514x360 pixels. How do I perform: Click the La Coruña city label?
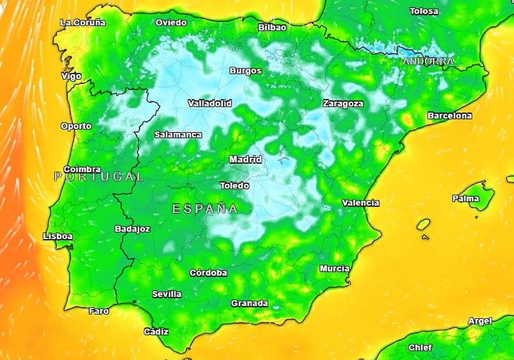(x=83, y=23)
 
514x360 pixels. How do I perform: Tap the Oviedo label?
(x=171, y=22)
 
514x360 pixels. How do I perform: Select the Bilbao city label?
(x=272, y=27)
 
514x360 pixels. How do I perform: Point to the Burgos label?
(x=245, y=71)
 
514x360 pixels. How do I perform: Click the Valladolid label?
(x=210, y=103)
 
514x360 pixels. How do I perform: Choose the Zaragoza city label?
(x=343, y=103)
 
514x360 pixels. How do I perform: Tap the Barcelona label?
(x=449, y=116)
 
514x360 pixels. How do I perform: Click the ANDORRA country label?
(x=427, y=61)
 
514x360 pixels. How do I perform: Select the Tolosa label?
(x=424, y=11)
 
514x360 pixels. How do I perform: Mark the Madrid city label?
(x=245, y=159)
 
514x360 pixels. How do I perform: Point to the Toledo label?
(x=234, y=186)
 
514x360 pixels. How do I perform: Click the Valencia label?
(x=360, y=203)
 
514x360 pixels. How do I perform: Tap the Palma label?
(x=466, y=198)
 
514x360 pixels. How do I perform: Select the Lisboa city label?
(x=58, y=236)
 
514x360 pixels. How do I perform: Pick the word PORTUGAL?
(x=99, y=176)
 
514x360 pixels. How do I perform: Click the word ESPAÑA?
(x=205, y=209)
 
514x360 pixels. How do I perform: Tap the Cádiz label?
(x=156, y=331)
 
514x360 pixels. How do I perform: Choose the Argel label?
(x=480, y=321)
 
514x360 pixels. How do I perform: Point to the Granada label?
(x=249, y=303)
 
